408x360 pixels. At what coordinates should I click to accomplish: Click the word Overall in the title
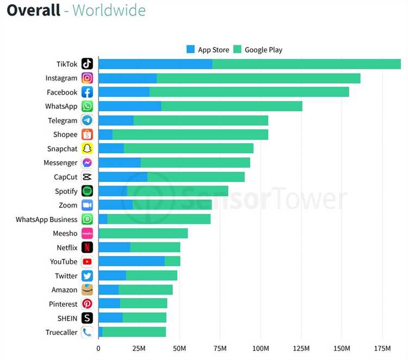click(33, 10)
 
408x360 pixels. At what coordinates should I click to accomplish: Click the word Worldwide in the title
click(109, 10)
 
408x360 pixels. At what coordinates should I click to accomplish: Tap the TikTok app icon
click(87, 64)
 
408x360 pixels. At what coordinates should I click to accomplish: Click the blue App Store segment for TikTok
click(155, 64)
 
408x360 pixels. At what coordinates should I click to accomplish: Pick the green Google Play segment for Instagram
click(258, 78)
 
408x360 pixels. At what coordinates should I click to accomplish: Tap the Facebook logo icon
click(87, 92)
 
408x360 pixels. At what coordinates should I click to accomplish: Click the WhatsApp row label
click(61, 106)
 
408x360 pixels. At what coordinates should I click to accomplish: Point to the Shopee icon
click(87, 135)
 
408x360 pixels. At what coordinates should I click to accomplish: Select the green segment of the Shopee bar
click(190, 135)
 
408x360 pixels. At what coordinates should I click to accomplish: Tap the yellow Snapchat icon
click(87, 149)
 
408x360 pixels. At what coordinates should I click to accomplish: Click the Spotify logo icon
click(87, 191)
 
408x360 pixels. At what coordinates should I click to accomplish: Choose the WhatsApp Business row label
click(47, 219)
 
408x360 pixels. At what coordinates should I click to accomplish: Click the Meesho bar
click(143, 233)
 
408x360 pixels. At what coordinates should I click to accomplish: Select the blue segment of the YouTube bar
click(131, 261)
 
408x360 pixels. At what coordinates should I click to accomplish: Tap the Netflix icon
click(87, 247)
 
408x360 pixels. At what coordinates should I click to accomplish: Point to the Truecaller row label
click(61, 332)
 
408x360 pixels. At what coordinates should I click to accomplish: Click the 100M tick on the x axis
click(261, 348)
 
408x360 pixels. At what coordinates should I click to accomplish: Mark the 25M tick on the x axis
click(139, 348)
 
